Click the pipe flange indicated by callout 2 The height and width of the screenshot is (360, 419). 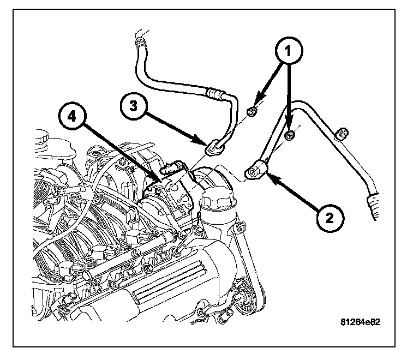click(x=256, y=172)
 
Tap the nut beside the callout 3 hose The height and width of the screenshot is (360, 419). click(x=252, y=112)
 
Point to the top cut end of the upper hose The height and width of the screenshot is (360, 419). click(x=140, y=38)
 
